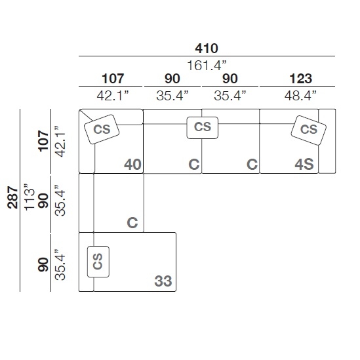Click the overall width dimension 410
(207, 49)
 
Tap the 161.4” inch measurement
(207, 66)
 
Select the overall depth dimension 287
(12, 197)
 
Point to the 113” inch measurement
(29, 197)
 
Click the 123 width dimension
(301, 79)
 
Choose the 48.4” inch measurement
(300, 95)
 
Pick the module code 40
(132, 165)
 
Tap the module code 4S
(304, 165)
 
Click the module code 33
(163, 281)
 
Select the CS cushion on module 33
(98, 262)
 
